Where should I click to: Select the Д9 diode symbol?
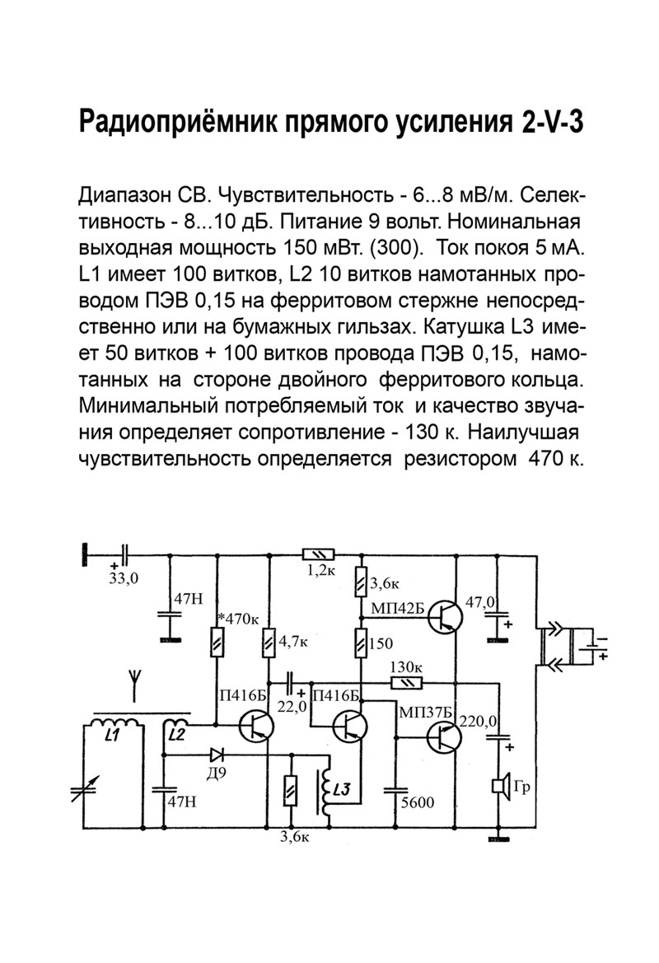tap(217, 753)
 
